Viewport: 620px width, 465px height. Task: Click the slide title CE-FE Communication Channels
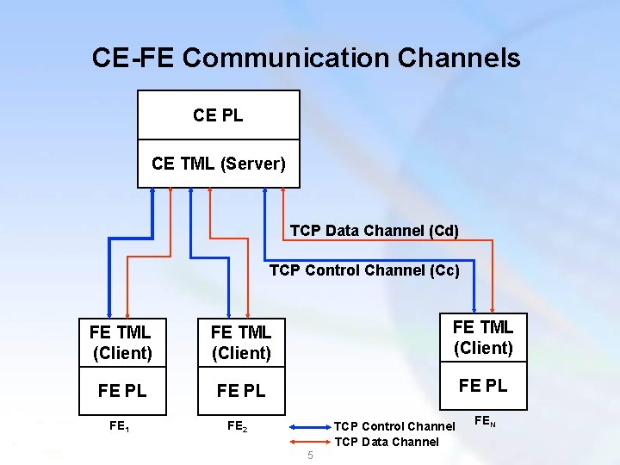(x=306, y=58)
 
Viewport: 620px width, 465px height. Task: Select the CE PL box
(x=218, y=115)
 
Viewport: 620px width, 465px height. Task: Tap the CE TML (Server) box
(x=218, y=163)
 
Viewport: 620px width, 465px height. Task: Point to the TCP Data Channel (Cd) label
(x=374, y=231)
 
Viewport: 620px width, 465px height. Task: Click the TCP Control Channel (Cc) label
(x=364, y=270)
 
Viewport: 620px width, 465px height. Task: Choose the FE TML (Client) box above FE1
(x=121, y=342)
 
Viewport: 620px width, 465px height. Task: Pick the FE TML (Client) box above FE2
(x=240, y=342)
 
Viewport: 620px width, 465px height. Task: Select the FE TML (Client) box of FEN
(x=482, y=338)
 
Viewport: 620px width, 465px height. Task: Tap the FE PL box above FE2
(x=240, y=390)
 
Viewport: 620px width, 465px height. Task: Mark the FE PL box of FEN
(x=482, y=385)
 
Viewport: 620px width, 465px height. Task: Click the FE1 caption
(x=120, y=425)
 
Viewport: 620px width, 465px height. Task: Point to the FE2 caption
(x=239, y=425)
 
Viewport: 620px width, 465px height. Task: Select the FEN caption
(x=485, y=421)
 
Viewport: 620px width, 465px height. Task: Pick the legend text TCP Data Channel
(x=386, y=442)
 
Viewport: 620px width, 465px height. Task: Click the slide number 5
(x=311, y=456)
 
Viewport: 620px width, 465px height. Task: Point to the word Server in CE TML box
(x=251, y=163)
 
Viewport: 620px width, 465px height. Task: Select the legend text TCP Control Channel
(x=394, y=426)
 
